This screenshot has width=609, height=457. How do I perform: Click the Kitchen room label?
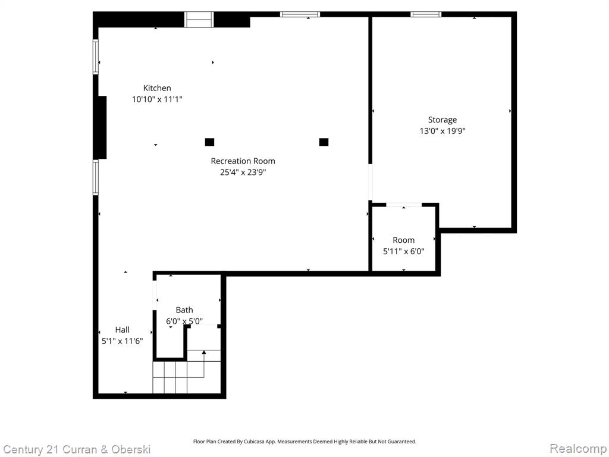point(157,88)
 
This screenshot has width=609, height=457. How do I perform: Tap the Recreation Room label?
point(243,161)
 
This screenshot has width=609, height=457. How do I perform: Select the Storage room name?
point(442,120)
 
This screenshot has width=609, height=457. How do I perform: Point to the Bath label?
point(184,309)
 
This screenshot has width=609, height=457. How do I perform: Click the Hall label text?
point(123,330)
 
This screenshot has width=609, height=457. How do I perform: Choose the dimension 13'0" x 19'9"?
point(442,131)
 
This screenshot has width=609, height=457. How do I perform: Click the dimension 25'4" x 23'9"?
point(243,172)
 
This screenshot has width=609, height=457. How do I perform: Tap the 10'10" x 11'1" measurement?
point(157,99)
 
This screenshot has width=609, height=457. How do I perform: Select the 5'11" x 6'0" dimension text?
point(404,252)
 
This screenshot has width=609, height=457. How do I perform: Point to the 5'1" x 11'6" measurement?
point(123,341)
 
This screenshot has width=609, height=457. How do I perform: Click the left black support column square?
point(209,142)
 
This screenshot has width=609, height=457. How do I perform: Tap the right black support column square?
point(324,142)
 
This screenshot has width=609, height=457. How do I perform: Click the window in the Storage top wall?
point(426,14)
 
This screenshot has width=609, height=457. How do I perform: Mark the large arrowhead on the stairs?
point(204,352)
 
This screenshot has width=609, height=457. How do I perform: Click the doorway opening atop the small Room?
point(404,205)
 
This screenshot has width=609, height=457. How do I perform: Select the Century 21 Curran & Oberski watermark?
point(77,450)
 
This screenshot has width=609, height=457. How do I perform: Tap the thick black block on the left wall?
point(102,127)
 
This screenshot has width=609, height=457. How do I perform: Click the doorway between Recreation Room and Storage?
point(370,182)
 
